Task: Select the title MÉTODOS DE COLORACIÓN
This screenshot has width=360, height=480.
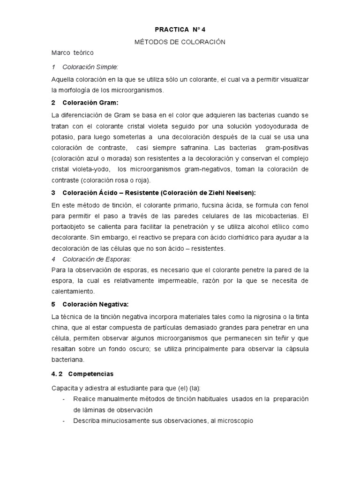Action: pos(180,42)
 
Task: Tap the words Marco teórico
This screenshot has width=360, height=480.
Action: pos(73,53)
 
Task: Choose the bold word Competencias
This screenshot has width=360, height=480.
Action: pos(90,374)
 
